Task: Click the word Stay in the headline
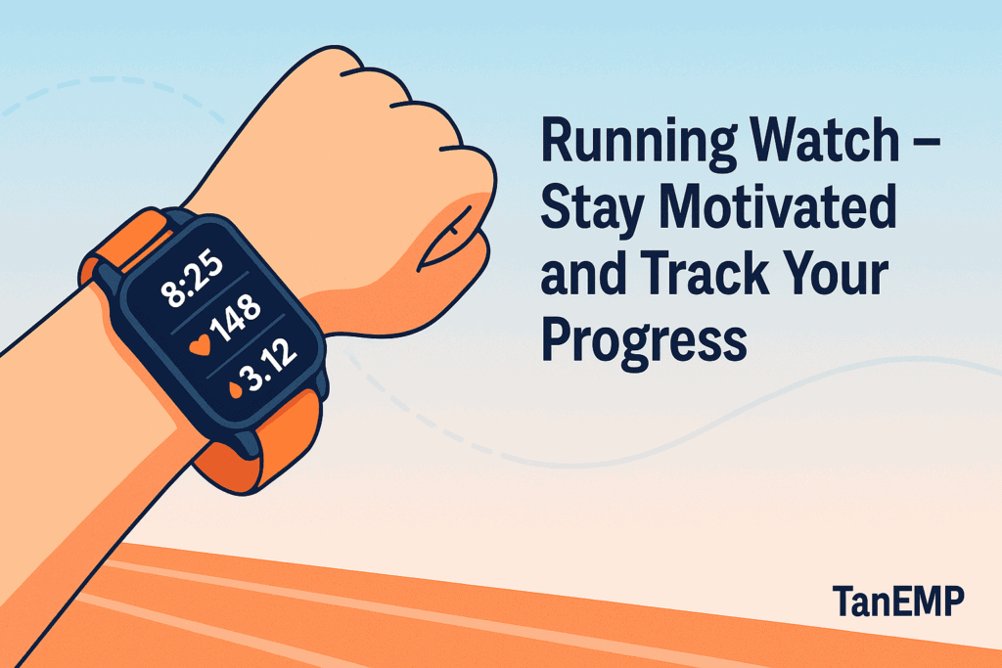pos(587,209)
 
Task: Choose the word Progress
pos(644,342)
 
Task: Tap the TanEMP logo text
pos(897,601)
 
